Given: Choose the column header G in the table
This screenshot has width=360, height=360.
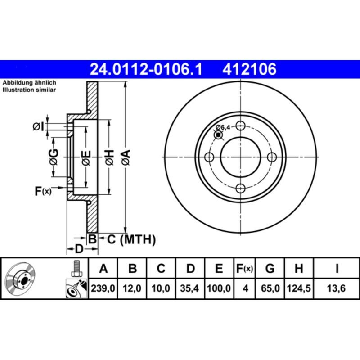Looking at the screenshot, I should point(270,269).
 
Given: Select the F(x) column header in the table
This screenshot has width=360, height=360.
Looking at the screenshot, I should point(245,269).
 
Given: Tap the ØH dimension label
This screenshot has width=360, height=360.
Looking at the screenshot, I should point(109,157).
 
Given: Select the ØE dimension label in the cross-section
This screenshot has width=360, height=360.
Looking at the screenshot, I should point(86,157).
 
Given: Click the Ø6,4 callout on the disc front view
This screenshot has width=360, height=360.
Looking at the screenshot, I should point(223,127).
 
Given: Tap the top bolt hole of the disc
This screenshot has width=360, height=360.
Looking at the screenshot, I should point(241,126).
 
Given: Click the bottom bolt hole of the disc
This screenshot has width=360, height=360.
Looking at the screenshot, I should point(241,188).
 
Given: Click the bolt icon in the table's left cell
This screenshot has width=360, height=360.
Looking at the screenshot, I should point(76,269).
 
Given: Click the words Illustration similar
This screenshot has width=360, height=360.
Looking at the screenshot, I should point(29,90).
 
